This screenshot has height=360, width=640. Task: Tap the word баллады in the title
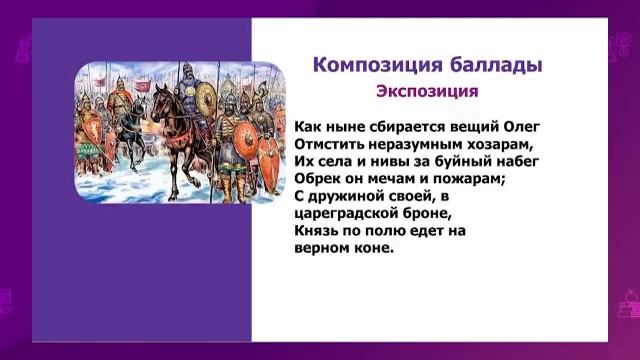click(494, 65)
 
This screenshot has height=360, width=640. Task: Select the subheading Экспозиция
click(428, 92)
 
